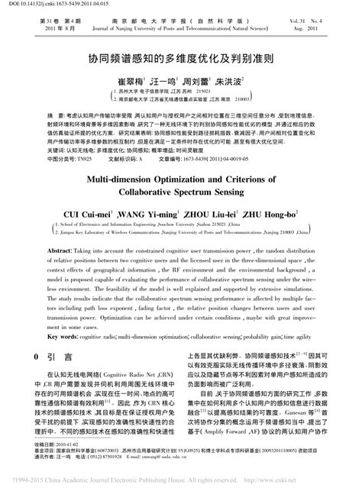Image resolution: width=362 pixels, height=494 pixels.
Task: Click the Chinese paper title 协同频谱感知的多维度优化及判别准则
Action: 180,57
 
